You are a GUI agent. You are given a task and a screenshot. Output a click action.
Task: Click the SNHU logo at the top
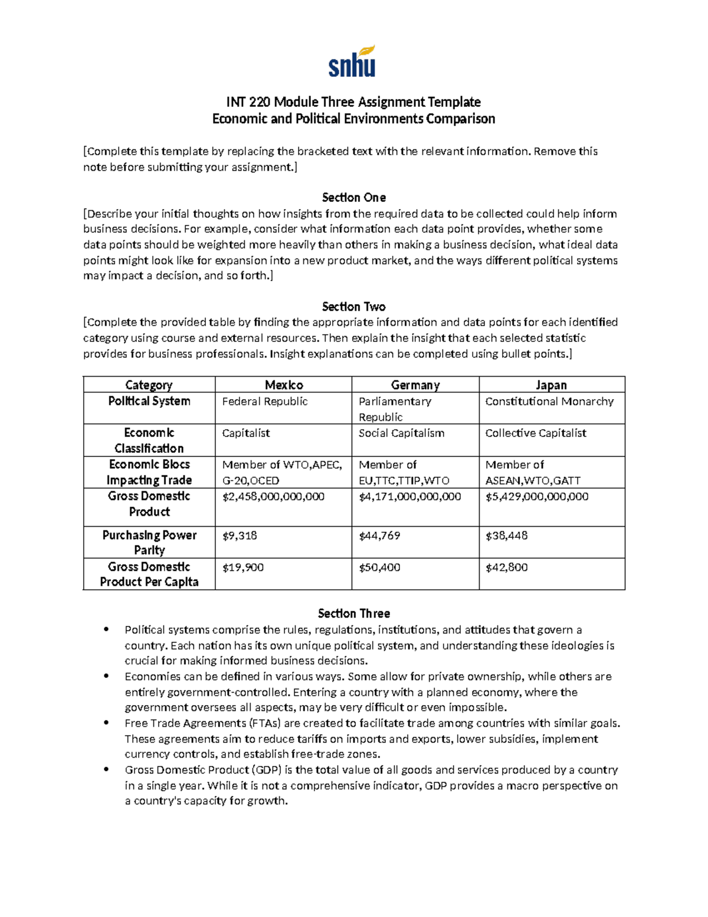(352, 62)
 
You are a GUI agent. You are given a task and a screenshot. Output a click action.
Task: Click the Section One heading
(353, 197)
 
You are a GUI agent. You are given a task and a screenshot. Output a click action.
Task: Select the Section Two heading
(353, 306)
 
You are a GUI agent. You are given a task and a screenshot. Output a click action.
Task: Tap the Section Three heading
(353, 613)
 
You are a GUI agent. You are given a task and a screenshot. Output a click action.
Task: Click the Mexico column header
(284, 385)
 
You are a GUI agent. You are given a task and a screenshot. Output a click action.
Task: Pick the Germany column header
(415, 385)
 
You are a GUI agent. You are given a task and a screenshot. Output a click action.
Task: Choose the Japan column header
(551, 385)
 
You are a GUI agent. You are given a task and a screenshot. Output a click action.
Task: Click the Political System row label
(149, 401)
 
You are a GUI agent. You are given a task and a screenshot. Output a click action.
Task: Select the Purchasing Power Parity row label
(149, 542)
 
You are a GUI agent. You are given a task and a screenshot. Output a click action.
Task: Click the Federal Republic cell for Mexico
(265, 402)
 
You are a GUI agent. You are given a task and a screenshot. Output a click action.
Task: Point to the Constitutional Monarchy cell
(549, 402)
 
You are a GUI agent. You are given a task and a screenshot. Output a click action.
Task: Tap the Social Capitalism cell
(401, 433)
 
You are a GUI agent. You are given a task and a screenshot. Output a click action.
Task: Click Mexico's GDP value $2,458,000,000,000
(273, 497)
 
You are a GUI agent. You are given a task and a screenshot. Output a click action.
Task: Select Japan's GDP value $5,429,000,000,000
(537, 497)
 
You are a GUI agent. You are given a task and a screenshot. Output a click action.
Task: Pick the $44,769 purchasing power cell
(379, 536)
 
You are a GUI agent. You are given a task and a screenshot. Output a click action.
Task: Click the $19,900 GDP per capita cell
(243, 567)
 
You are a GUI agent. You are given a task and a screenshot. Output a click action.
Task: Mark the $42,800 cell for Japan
(506, 567)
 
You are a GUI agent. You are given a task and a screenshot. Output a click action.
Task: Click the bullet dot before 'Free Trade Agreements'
(106, 723)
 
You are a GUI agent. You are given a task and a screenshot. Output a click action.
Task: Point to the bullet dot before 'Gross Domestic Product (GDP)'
(106, 769)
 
